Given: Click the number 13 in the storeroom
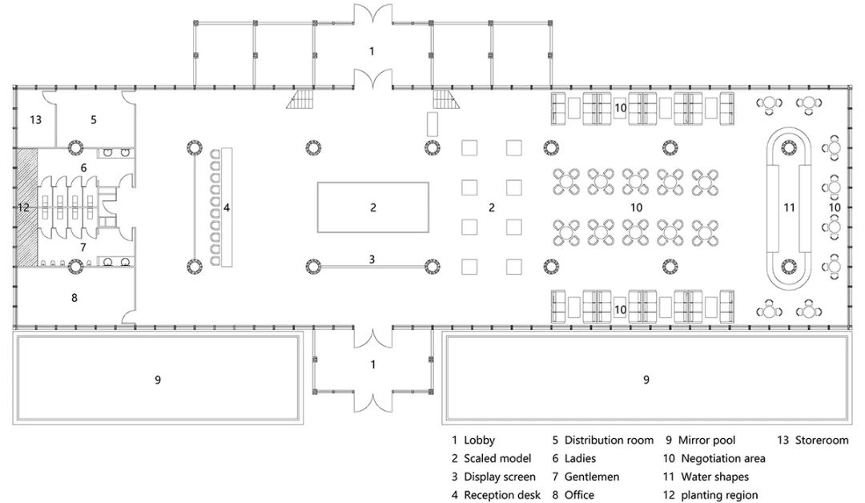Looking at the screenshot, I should (x=35, y=120).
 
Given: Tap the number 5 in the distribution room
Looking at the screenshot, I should (x=93, y=120).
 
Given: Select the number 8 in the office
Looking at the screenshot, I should (x=74, y=298).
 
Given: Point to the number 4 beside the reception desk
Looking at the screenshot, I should (x=227, y=208).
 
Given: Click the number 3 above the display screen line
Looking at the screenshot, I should (x=372, y=259).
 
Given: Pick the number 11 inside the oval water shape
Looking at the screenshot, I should (x=790, y=208).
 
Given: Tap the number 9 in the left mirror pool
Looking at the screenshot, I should (x=158, y=380).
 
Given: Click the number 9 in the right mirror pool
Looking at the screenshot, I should (x=646, y=380).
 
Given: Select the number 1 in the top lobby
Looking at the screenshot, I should (x=372, y=51).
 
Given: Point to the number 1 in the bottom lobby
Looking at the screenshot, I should (x=372, y=364).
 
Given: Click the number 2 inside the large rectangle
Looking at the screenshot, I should (x=372, y=207).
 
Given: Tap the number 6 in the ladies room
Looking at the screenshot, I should (x=83, y=168).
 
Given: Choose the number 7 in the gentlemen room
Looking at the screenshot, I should (x=82, y=247).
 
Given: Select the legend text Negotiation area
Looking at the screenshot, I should (x=723, y=459).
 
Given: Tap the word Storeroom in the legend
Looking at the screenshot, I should (x=821, y=441).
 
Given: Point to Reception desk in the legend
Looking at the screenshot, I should (x=502, y=496).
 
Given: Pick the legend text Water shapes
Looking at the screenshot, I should (x=715, y=477).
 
